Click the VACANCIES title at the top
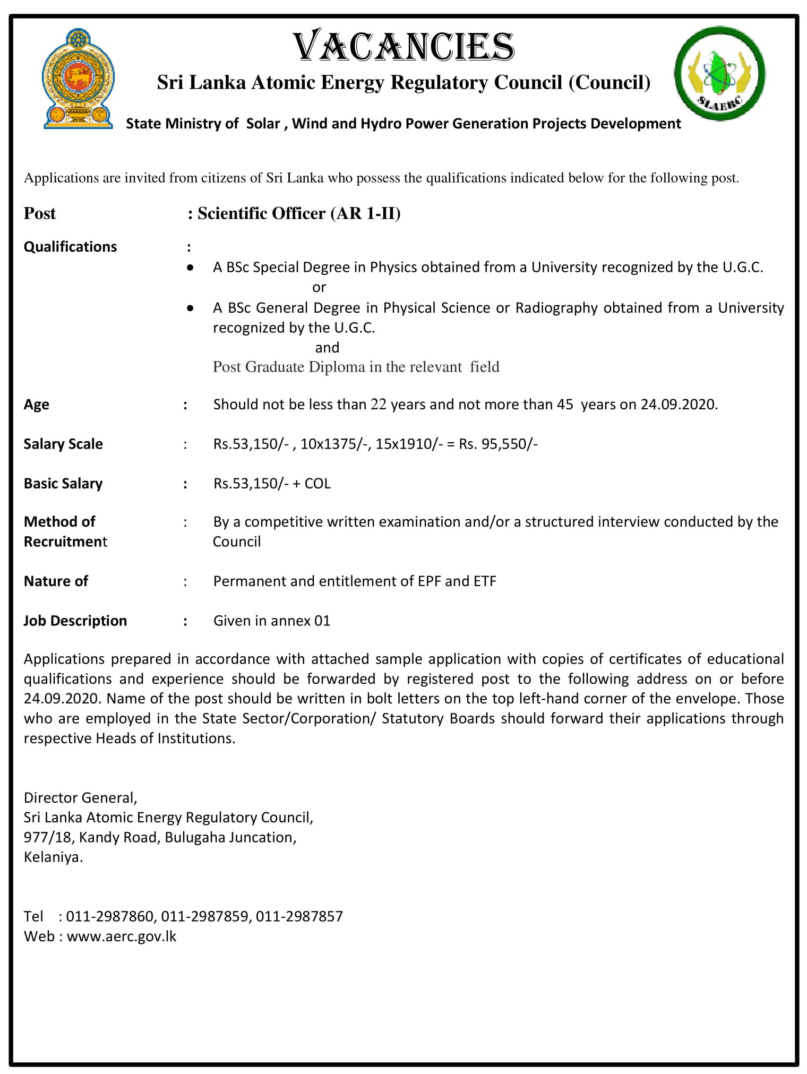[x=403, y=47]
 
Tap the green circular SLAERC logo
[x=719, y=73]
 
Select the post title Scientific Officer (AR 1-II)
[x=299, y=213]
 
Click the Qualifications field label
[x=70, y=247]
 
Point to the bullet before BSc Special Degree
[x=190, y=268]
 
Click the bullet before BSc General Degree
[x=190, y=308]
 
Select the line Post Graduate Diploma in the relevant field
[x=356, y=367]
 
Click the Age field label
[x=36, y=405]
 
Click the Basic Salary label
[x=63, y=484]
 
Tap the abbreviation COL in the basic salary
[x=317, y=484]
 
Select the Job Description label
[x=75, y=621]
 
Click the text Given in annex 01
[x=272, y=621]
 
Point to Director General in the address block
[x=80, y=797]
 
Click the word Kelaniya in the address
[x=53, y=857]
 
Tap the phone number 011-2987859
[x=205, y=916]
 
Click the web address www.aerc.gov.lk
[x=122, y=936]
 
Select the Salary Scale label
[x=63, y=444]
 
